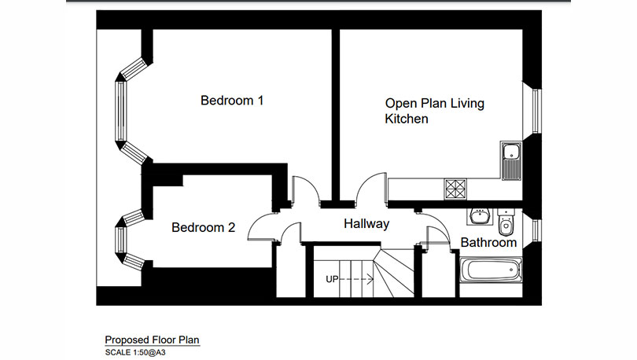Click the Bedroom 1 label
click(232, 101)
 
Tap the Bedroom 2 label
click(204, 228)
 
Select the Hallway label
click(366, 224)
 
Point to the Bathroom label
click(488, 242)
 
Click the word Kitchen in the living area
click(406, 119)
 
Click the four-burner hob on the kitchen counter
click(455, 189)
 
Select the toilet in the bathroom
click(506, 222)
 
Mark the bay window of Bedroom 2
click(124, 237)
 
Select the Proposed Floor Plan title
click(153, 340)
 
